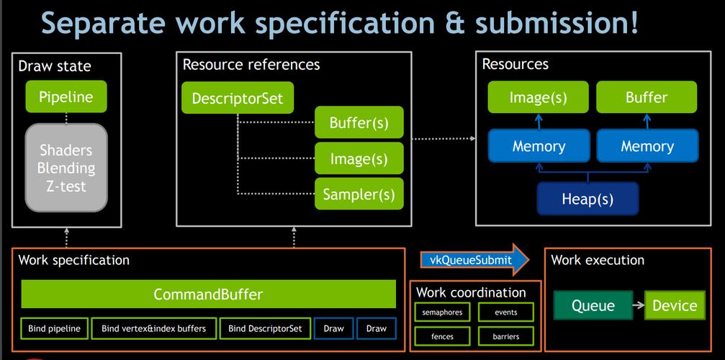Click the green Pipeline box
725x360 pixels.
[66, 96]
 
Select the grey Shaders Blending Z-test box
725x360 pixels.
[66, 168]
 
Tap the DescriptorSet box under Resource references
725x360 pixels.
[238, 98]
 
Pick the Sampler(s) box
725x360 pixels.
[359, 194]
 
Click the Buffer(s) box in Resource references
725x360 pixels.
[359, 122]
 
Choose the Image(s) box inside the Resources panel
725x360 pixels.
[539, 97]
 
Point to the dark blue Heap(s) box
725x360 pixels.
[587, 199]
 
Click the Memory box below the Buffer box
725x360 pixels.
[647, 146]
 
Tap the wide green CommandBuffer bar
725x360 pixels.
[209, 294]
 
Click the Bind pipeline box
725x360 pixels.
[54, 328]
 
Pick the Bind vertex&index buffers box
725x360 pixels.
[153, 328]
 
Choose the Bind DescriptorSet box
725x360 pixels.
[265, 328]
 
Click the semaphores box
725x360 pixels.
[442, 312]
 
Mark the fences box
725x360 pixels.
[442, 336]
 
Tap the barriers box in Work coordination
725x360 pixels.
[506, 336]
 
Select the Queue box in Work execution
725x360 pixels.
[593, 305]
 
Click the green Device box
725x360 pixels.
[675, 305]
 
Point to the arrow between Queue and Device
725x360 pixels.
[639, 305]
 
